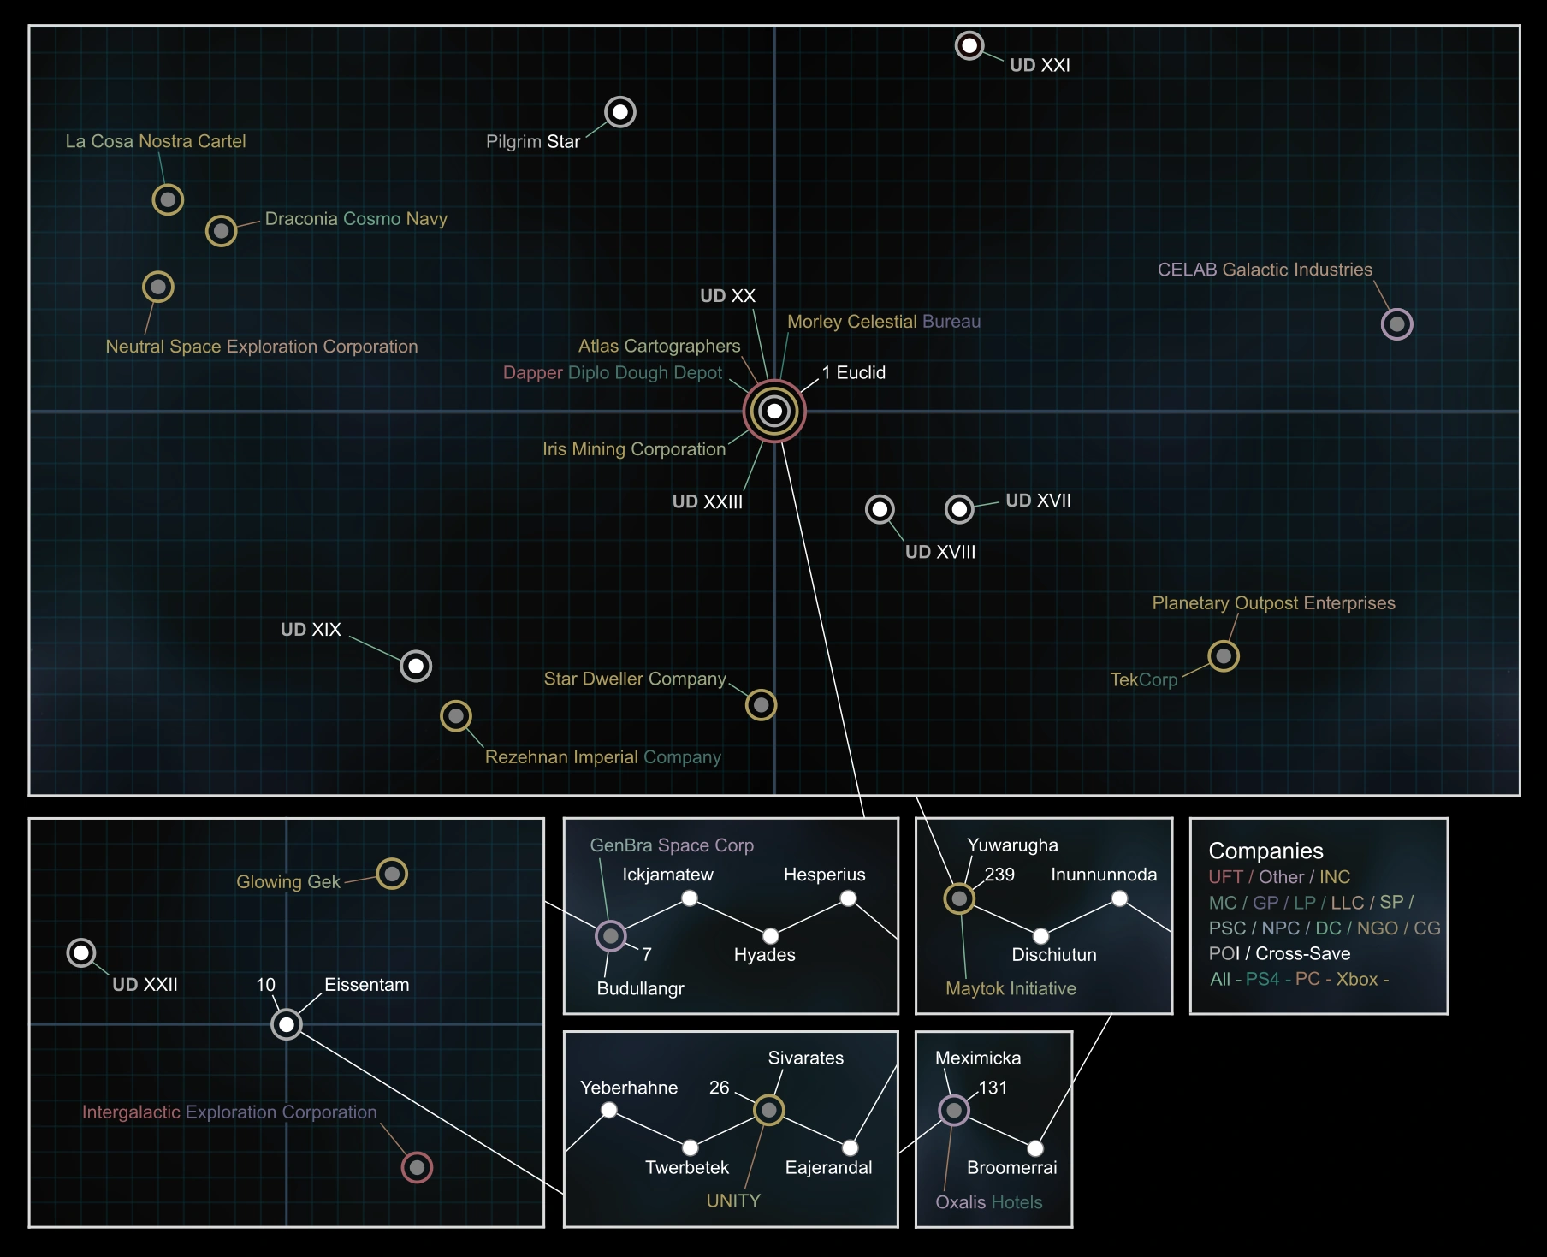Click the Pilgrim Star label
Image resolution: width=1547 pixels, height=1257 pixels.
point(533,141)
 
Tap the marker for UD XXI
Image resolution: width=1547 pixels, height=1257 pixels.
point(969,45)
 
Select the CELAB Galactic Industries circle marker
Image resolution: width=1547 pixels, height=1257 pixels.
point(1397,324)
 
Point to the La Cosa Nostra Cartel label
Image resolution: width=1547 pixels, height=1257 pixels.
point(156,141)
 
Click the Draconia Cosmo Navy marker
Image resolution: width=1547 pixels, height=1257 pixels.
point(222,231)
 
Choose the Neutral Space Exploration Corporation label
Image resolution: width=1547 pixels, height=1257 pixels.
point(262,347)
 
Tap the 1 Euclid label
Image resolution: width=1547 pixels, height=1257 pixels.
point(854,372)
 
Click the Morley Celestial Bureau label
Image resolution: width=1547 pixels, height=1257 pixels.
point(884,322)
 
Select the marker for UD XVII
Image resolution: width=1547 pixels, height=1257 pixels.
point(960,509)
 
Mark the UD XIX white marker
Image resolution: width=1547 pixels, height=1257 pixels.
point(416,666)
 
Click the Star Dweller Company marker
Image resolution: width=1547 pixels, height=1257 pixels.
point(761,705)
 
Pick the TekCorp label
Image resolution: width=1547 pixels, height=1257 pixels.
point(1144,679)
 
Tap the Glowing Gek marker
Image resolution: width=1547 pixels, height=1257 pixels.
point(392,874)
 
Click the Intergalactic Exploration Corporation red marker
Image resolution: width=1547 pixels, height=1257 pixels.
point(418,1167)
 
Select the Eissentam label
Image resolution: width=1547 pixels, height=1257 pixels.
point(367,985)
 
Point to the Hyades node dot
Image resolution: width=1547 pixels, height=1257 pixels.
point(771,936)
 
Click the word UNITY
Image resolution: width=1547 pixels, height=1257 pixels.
point(733,1201)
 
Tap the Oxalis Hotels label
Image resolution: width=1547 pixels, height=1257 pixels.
point(989,1202)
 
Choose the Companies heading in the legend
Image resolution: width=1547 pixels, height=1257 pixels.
point(1265,851)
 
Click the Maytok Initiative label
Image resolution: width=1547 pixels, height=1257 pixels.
point(1011,988)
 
